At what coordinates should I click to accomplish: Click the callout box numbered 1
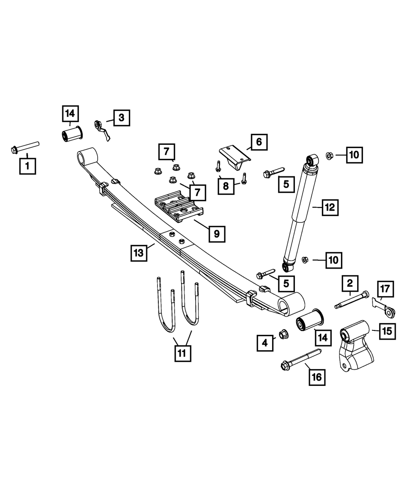28,166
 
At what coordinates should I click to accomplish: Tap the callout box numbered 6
259,142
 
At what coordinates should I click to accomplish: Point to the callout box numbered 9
217,233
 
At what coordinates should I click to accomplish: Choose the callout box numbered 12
330,207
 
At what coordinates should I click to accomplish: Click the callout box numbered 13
139,254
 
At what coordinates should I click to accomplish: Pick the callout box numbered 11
182,353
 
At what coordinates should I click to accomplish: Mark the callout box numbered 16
316,377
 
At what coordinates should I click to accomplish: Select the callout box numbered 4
265,343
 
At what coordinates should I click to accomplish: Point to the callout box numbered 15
387,332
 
